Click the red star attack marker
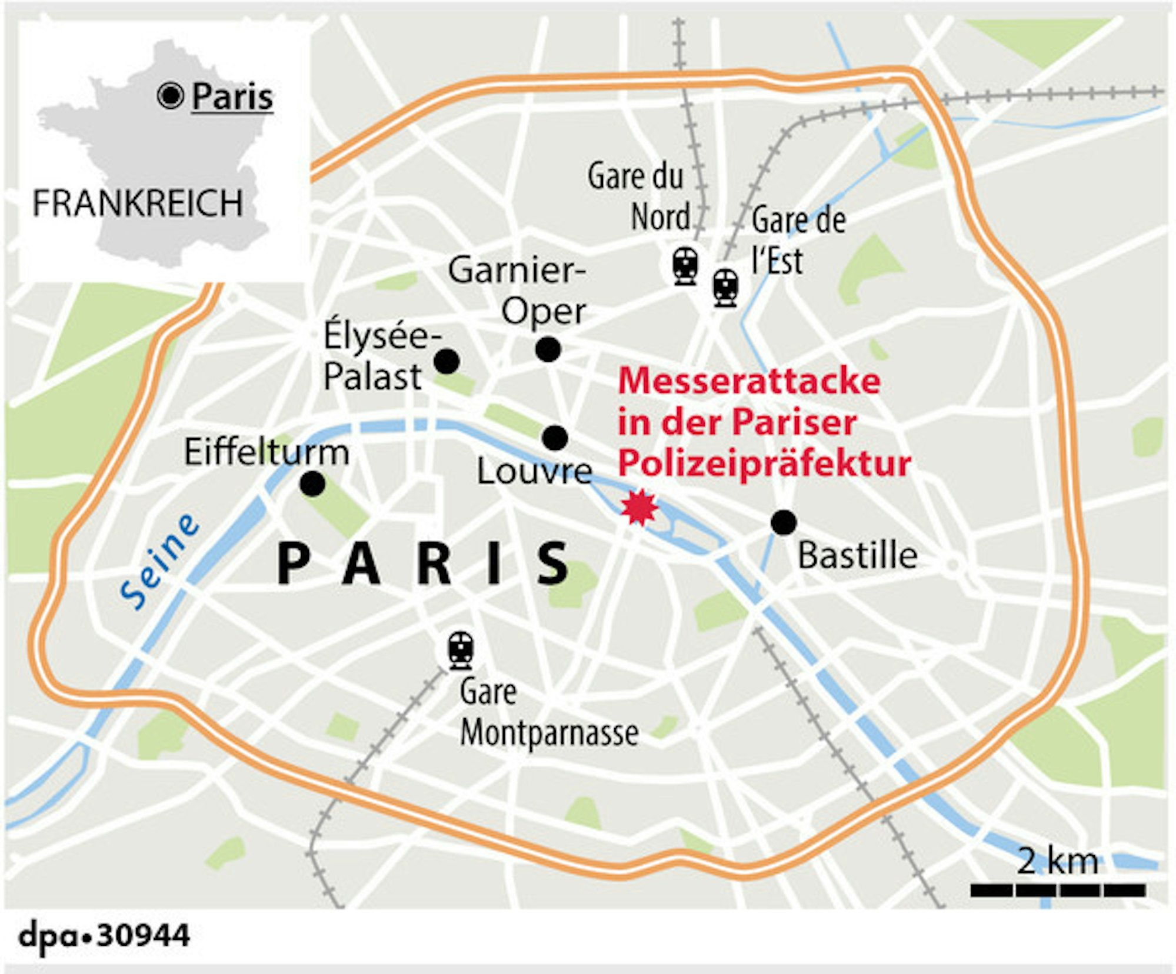639,507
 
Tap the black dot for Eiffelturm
312,483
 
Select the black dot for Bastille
783,522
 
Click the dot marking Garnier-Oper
548,349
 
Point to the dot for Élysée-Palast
447,361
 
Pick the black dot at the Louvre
555,438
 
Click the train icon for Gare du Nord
685,266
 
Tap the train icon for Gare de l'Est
725,287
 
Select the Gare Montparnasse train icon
461,650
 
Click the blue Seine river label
159,562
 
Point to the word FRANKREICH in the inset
137,204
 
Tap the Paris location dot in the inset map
171,95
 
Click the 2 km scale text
1057,862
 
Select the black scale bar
1057,890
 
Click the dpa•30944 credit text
105,935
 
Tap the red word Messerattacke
748,381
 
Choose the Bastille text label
857,555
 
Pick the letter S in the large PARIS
553,563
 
